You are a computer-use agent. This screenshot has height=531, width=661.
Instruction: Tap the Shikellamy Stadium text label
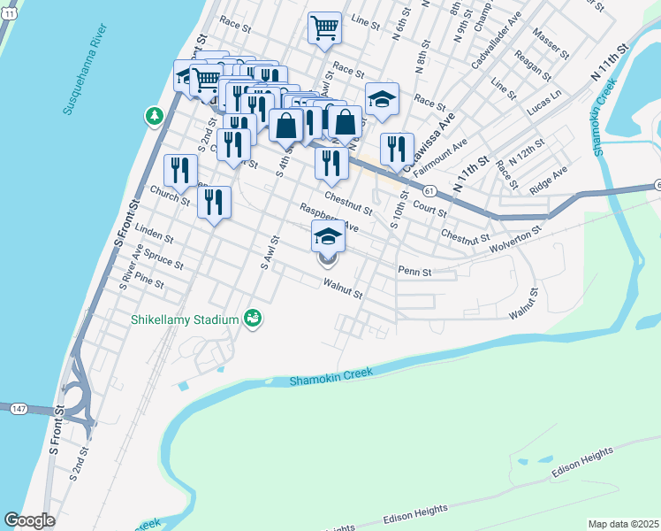186,319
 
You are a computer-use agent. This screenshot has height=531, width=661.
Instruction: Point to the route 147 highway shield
18,408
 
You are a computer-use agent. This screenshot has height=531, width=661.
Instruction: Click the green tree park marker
155,116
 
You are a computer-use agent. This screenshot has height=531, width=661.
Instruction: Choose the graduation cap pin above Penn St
328,236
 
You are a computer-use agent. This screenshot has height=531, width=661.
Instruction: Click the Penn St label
414,272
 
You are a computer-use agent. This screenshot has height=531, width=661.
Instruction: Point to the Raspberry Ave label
329,218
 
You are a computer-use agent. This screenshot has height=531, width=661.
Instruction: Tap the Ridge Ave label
548,184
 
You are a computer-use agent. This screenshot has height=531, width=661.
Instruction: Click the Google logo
29,520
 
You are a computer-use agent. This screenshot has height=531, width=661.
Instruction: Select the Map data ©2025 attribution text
623,524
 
